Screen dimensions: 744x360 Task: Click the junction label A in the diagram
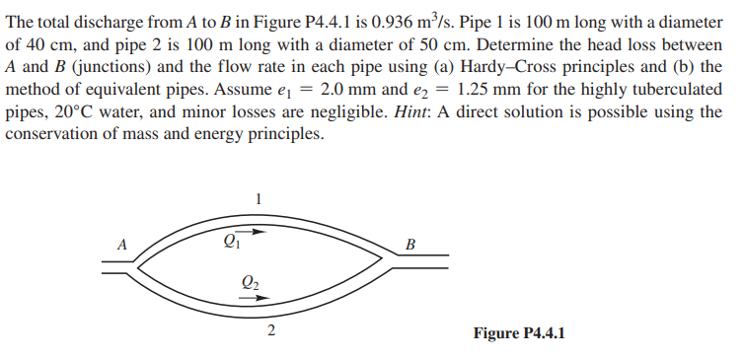pos(122,241)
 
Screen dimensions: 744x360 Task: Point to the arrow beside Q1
pos(255,233)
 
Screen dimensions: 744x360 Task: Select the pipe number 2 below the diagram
pos(270,330)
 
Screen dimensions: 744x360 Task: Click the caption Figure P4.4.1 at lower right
pos(519,332)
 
